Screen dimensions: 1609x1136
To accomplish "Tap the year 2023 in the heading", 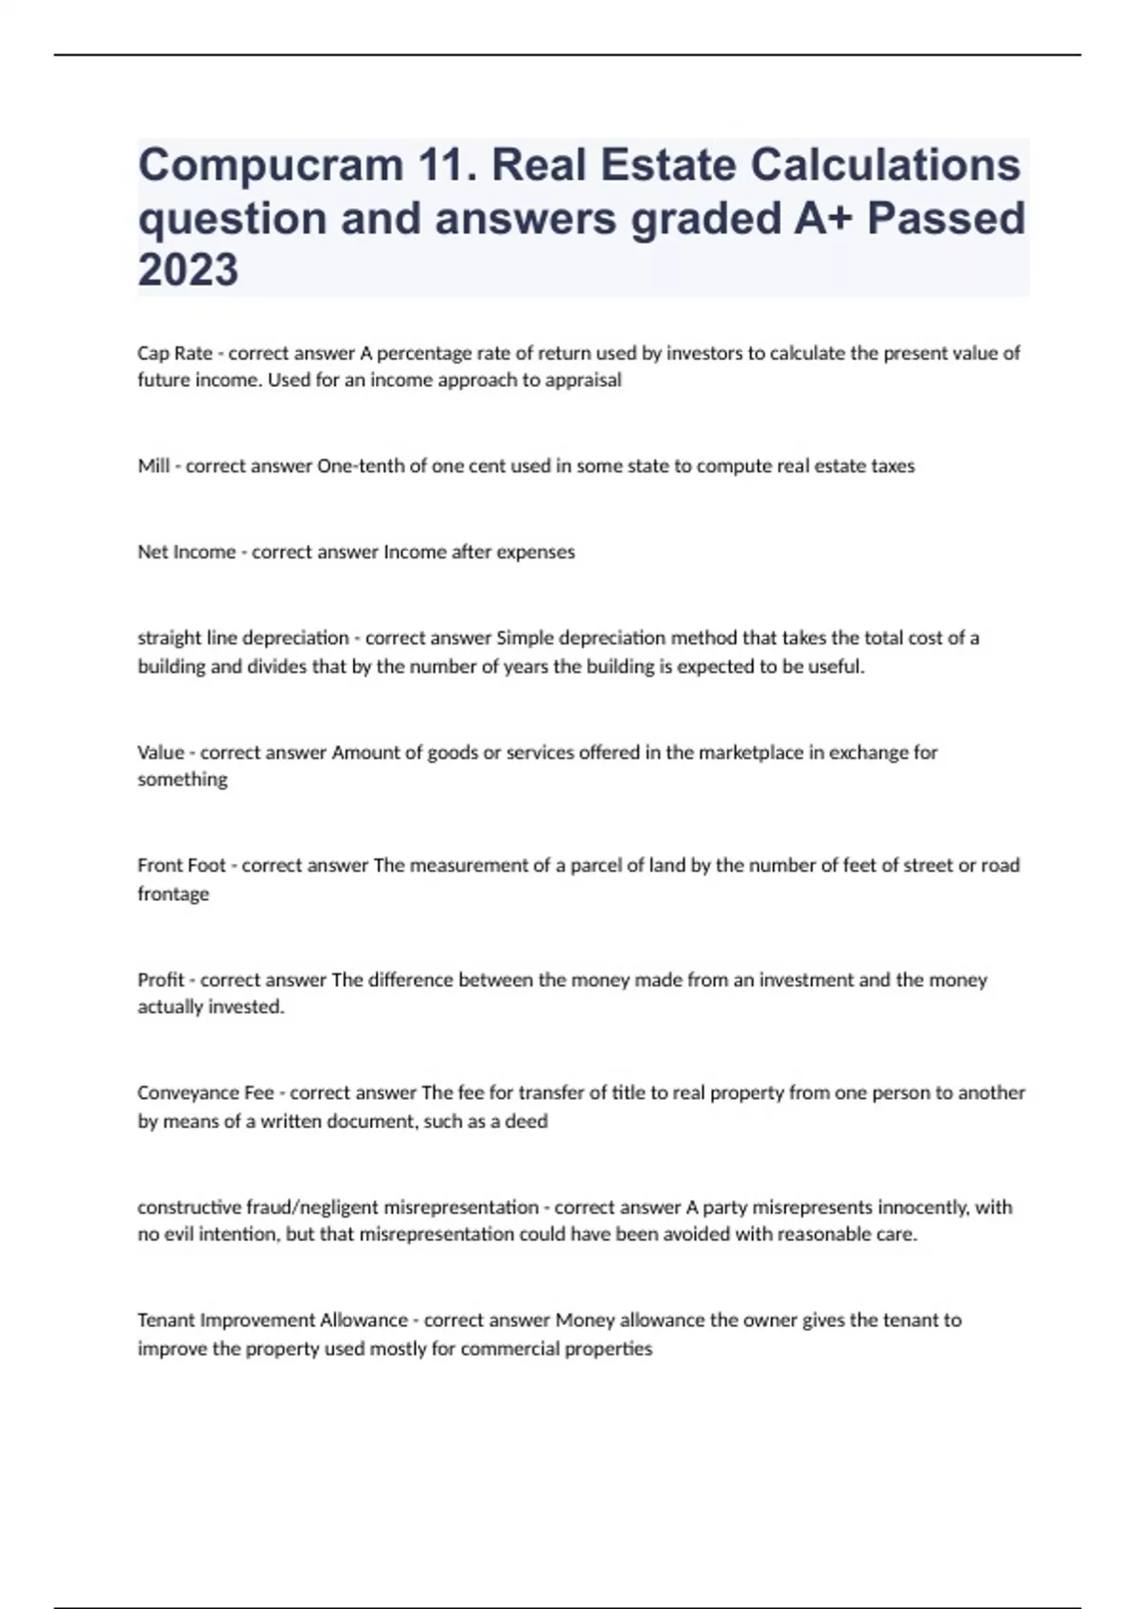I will pos(187,270).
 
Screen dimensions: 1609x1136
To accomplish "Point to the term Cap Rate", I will pos(175,353).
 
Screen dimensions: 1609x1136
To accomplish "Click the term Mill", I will pos(153,466).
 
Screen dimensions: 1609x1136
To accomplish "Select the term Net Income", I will pos(186,552).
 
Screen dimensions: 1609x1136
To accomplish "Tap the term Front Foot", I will pos(182,865).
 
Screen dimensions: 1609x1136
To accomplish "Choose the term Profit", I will pos(161,980).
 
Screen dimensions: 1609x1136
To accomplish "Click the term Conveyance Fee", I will pos(205,1092).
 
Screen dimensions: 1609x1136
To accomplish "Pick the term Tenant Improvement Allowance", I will pos(273,1319).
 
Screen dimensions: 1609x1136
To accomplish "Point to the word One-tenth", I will pos(361,466).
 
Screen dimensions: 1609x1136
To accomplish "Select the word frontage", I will pos(173,893).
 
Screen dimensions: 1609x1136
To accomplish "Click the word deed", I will pos(527,1122).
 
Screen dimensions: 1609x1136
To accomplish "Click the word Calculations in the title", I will pos(885,166).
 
